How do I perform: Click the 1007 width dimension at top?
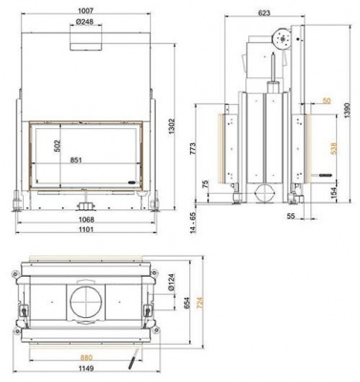coord(86,11)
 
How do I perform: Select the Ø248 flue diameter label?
coord(86,22)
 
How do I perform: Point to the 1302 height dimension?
coord(172,127)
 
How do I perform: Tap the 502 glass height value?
coord(58,146)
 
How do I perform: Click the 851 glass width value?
coord(76,160)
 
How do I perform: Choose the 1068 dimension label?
coord(86,220)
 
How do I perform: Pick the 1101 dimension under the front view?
coord(86,229)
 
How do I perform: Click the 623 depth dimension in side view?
coord(265,13)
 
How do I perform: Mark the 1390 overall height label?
coord(348,111)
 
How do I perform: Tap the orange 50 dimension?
coord(327,101)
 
